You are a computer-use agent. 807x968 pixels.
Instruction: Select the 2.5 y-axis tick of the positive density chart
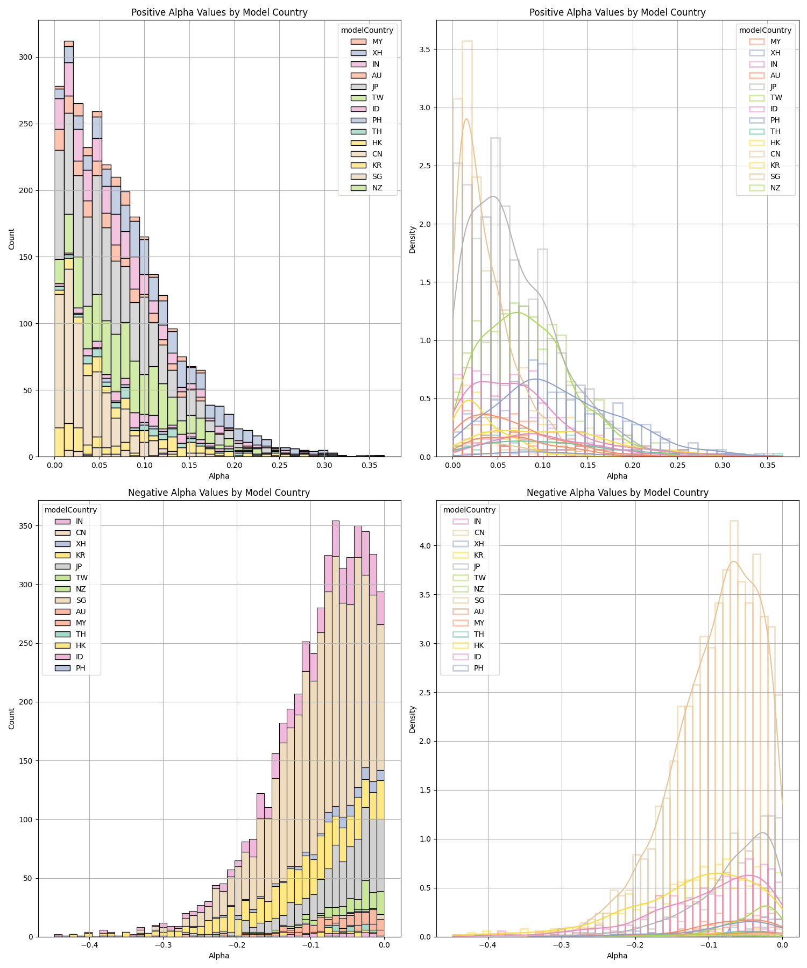point(428,166)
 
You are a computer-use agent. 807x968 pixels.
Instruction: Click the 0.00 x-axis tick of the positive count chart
point(54,465)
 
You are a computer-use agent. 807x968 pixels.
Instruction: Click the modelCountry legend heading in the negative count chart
point(70,510)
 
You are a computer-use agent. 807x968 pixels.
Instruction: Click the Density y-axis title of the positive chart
point(412,239)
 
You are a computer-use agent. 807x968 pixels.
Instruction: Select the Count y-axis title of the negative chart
point(12,718)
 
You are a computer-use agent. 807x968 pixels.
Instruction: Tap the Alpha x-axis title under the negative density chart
point(617,956)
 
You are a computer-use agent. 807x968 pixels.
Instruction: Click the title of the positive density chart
point(617,12)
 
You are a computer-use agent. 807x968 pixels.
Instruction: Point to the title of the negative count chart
point(219,493)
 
